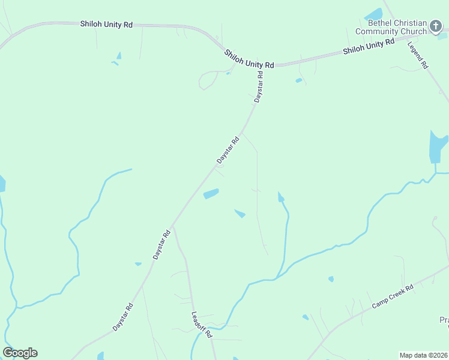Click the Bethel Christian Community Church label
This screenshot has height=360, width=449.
pyautogui.click(x=390, y=27)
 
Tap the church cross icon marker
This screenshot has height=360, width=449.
pyautogui.click(x=436, y=27)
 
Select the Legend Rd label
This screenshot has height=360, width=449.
pyautogui.click(x=418, y=55)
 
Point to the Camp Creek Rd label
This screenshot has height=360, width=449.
pyautogui.click(x=393, y=296)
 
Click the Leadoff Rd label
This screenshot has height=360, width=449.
pyautogui.click(x=202, y=325)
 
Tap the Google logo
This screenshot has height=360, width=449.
pyautogui.click(x=20, y=353)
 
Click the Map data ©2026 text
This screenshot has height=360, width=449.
pyautogui.click(x=424, y=355)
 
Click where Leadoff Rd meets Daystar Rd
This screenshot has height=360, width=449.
pyautogui.click(x=173, y=227)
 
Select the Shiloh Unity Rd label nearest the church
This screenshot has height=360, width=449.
pyautogui.click(x=369, y=46)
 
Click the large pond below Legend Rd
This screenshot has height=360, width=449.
pyautogui.click(x=437, y=147)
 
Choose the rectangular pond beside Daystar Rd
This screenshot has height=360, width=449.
pyautogui.click(x=211, y=194)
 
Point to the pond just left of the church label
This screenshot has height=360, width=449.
pyautogui.click(x=373, y=14)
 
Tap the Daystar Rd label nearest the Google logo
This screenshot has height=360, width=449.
pyautogui.click(x=122, y=317)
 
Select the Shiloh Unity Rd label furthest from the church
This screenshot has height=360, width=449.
pyautogui.click(x=106, y=24)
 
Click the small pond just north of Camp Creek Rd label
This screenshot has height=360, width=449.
pyautogui.click(x=330, y=279)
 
